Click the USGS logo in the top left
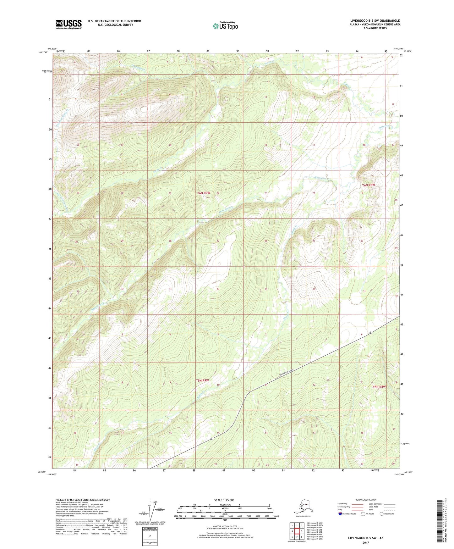coord(68,24)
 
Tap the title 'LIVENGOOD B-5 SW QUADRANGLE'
coord(375,21)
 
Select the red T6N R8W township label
coord(369,185)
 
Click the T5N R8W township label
coord(379,387)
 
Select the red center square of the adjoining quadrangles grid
coord(297,531)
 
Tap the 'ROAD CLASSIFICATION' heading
coord(366,500)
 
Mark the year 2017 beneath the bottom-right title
coord(366,542)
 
